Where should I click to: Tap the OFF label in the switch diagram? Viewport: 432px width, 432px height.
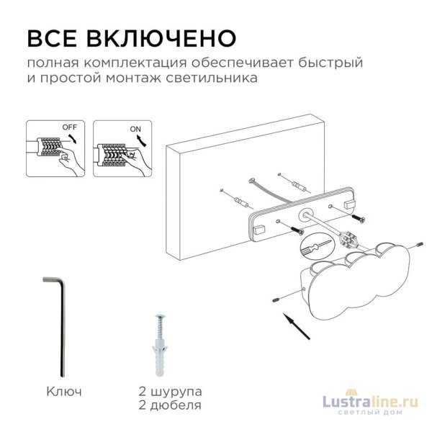(x=70, y=127)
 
